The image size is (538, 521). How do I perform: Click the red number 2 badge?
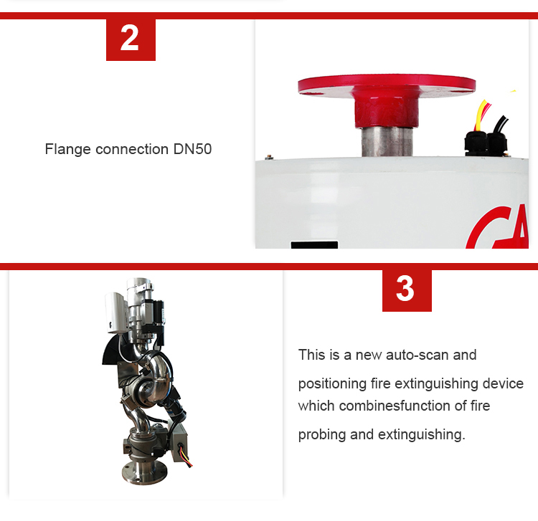tap(131, 39)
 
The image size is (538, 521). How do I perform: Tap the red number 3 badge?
tap(407, 291)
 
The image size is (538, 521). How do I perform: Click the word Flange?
tap(67, 150)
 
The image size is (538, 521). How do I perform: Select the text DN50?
tap(192, 149)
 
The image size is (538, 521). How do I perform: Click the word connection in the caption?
tap(132, 150)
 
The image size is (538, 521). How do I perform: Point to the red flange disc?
tap(387, 85)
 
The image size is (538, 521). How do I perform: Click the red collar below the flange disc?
tap(387, 108)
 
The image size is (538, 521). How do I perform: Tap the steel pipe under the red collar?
tap(387, 141)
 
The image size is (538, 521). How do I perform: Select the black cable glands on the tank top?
tap(486, 143)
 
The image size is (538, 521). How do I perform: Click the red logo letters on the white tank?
tap(499, 228)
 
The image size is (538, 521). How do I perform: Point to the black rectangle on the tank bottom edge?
tap(314, 244)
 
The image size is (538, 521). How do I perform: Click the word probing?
tap(322, 435)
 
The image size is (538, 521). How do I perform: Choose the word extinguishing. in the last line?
tap(421, 435)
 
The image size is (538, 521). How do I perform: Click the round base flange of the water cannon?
tap(145, 473)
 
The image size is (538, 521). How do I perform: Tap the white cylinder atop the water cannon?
tap(115, 312)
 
